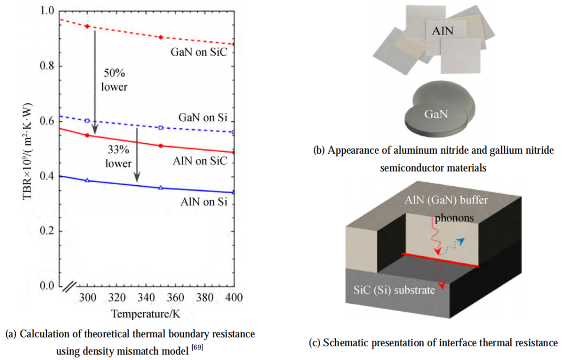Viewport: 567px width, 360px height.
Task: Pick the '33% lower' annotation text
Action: click(118, 156)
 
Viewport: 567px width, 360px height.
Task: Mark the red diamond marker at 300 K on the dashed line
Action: click(87, 26)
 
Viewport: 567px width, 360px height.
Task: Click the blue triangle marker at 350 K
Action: click(161, 187)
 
